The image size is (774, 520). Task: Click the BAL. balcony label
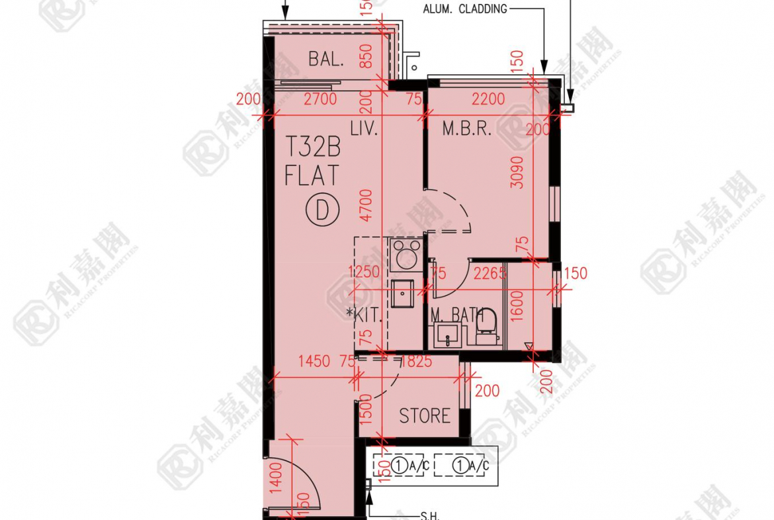tap(326, 59)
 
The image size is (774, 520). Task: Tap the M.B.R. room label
tap(467, 129)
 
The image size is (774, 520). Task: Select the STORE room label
tap(425, 416)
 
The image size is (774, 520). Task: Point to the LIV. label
tap(364, 129)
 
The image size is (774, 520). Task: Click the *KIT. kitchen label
tap(364, 315)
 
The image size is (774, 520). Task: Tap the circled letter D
tap(322, 211)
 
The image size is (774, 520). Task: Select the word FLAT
tap(312, 176)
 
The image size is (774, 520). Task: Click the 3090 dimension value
tap(517, 172)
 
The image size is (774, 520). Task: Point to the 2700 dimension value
tap(320, 99)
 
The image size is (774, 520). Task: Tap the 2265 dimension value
tap(490, 273)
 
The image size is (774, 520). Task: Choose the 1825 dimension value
tap(415, 362)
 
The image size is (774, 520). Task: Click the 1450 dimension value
tap(314, 362)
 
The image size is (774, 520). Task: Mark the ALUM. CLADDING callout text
tap(465, 9)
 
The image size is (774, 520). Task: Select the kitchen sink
tap(402, 293)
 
